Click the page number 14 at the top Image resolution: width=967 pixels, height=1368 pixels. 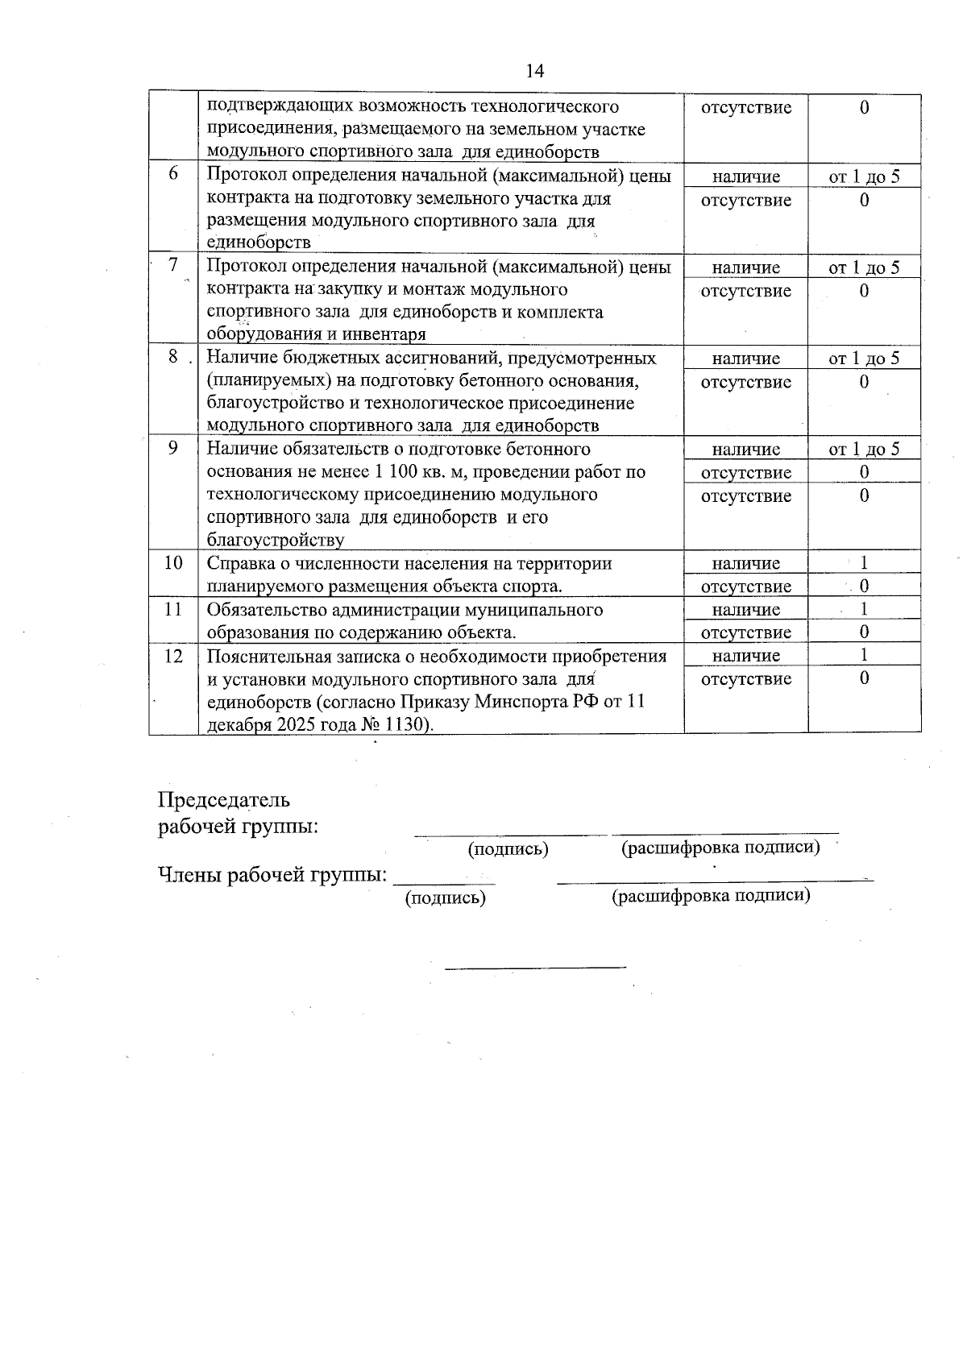pyautogui.click(x=535, y=71)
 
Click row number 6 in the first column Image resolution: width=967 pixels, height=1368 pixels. pyautogui.click(x=173, y=175)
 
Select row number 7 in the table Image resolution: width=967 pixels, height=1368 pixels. pyautogui.click(x=173, y=266)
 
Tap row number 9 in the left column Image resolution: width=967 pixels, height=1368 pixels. pyautogui.click(x=173, y=448)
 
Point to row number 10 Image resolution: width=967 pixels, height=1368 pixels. pyautogui.click(x=173, y=562)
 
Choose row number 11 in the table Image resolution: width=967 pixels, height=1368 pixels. pyautogui.click(x=173, y=609)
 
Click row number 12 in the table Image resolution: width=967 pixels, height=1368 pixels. pyautogui.click(x=173, y=656)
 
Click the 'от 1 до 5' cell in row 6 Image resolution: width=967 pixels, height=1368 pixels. pyautogui.click(x=864, y=176)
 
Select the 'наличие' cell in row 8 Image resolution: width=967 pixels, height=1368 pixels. pyautogui.click(x=746, y=359)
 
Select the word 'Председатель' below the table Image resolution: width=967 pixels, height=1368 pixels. pyautogui.click(x=223, y=800)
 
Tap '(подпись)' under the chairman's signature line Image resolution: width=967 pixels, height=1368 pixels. pyautogui.click(x=508, y=849)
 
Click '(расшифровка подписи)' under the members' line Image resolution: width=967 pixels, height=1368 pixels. pyautogui.click(x=711, y=895)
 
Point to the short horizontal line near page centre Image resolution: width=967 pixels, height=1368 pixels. pyautogui.click(x=535, y=965)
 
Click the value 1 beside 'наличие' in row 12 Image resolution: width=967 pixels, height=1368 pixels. pyautogui.click(x=864, y=655)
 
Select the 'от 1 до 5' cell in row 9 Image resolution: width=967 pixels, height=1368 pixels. pyautogui.click(x=864, y=450)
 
